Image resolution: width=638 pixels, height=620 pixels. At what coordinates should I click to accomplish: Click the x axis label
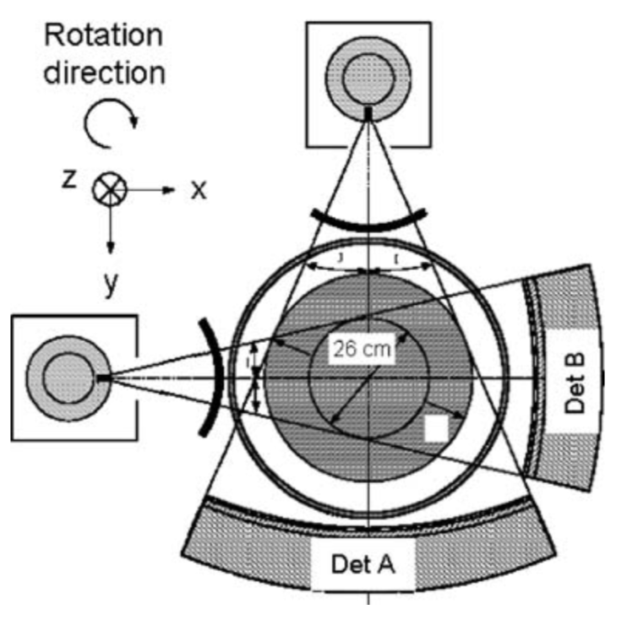click(x=198, y=190)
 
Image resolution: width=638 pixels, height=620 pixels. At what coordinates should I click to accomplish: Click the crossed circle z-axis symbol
click(x=108, y=189)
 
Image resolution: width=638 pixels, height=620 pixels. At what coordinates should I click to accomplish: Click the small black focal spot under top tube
click(x=368, y=111)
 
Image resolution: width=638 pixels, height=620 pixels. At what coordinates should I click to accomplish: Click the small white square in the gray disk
click(x=435, y=427)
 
